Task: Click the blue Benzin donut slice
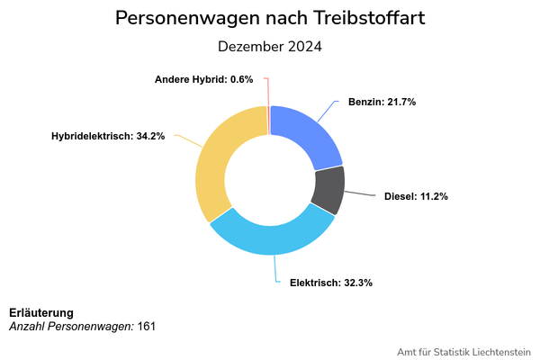tap(306, 135)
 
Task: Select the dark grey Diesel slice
tap(328, 190)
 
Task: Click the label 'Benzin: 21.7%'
tap(382, 103)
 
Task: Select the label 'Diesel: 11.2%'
tap(416, 196)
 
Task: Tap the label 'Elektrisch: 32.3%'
tap(331, 283)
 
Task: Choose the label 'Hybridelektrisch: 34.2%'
tap(108, 137)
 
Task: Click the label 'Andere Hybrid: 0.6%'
tap(203, 80)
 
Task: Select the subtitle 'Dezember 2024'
tap(270, 46)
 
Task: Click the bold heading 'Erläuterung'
tap(41, 312)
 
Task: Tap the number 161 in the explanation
tap(147, 326)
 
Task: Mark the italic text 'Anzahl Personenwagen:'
tap(71, 326)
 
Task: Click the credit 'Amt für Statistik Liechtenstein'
tap(463, 351)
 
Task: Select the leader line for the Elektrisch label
tap(278, 269)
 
